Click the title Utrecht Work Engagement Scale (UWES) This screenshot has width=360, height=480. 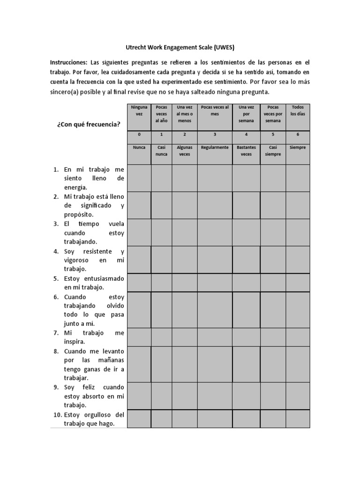(x=180, y=47)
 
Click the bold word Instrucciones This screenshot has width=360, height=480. (x=68, y=62)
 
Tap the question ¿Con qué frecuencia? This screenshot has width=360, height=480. (x=89, y=124)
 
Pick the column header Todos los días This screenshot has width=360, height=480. (x=298, y=111)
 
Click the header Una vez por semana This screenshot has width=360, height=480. (x=246, y=113)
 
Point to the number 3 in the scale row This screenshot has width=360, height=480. (x=215, y=135)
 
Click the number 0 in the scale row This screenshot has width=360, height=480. (x=139, y=135)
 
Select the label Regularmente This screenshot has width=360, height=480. (x=215, y=147)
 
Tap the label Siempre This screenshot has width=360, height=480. (x=298, y=147)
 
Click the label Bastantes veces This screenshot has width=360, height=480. (x=246, y=150)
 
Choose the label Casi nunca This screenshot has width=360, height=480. (x=161, y=150)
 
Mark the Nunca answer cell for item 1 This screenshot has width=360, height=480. (x=139, y=178)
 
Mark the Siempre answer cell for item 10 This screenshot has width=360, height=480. (x=298, y=419)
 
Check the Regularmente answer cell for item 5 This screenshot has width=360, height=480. (x=215, y=282)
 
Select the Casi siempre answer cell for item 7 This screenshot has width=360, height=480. (x=273, y=337)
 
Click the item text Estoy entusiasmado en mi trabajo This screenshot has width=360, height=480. (x=94, y=283)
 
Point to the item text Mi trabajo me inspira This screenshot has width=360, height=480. (x=94, y=337)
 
